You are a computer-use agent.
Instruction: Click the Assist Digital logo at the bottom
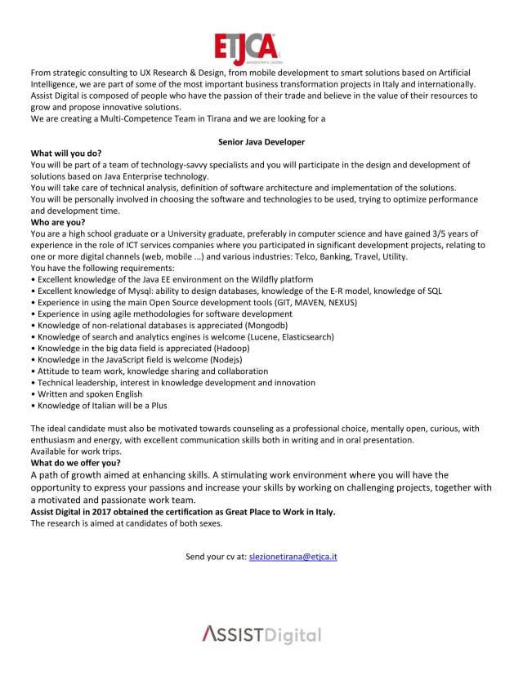261,634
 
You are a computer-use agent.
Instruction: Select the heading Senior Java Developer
261,142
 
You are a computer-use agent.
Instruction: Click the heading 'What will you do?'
66,153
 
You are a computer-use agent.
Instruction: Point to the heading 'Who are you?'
58,222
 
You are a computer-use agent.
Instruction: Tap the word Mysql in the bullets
126,291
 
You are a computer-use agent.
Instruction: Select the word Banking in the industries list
336,256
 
